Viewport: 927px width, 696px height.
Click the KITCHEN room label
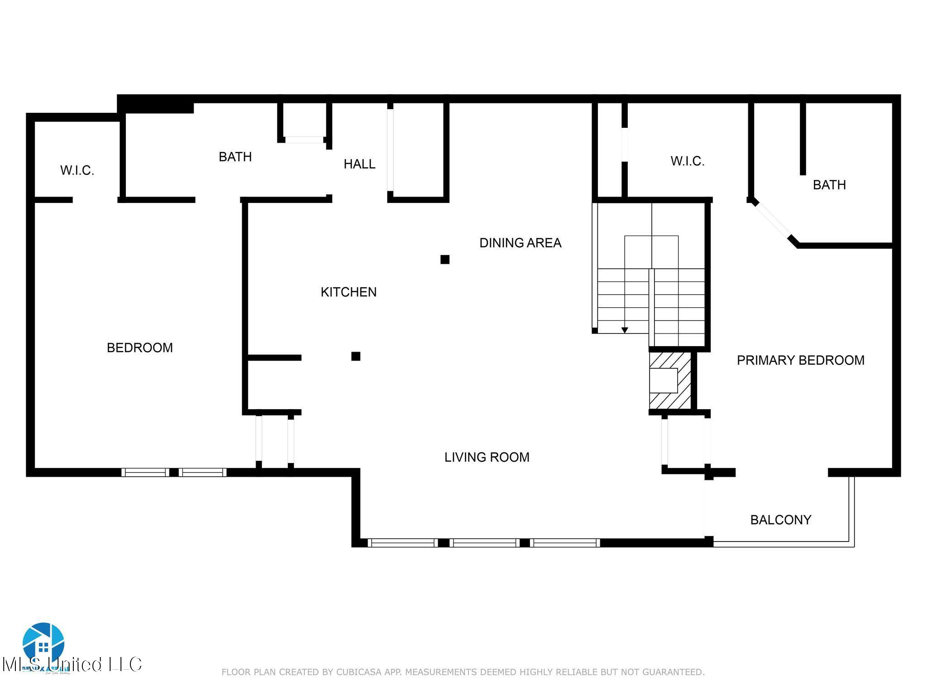349,292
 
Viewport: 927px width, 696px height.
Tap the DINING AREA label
520,243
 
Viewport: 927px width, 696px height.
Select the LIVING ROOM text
487,457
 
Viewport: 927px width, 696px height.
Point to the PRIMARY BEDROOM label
800,360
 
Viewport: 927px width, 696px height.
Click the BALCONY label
780,520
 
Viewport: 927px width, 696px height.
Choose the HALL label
359,164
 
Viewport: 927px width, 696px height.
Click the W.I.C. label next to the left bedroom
77,171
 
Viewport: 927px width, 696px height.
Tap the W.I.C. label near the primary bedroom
687,161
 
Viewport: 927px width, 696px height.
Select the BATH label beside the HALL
235,157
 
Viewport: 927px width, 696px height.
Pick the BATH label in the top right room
829,185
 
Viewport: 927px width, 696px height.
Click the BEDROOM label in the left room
139,348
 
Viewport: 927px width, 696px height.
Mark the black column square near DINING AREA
445,260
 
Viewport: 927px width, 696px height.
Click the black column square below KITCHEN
356,356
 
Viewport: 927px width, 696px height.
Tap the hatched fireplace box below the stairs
670,381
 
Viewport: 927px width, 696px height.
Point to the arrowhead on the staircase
625,330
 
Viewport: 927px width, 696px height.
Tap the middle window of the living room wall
485,542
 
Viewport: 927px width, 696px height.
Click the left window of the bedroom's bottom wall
145,473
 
